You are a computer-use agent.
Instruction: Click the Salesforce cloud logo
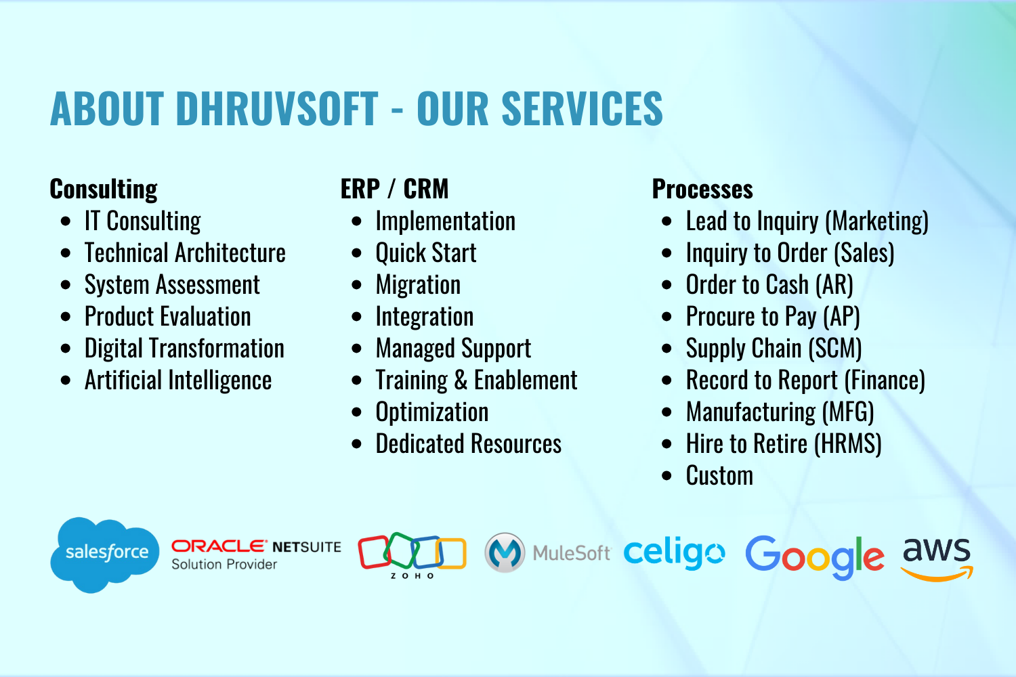click(105, 554)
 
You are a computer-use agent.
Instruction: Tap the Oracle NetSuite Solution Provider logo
click(256, 554)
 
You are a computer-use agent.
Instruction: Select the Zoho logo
click(412, 555)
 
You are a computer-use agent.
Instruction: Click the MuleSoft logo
click(547, 552)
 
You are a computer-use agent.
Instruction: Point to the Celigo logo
click(675, 552)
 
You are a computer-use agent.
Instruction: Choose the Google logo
click(815, 557)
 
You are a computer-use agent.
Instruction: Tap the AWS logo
click(937, 559)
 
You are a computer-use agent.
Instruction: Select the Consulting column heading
click(104, 189)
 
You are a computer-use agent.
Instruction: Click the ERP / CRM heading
click(394, 189)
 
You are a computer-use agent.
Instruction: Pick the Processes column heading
click(702, 189)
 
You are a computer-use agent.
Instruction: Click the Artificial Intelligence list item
click(177, 380)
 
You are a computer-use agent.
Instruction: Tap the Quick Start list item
click(426, 253)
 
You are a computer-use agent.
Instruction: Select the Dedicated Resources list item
click(469, 443)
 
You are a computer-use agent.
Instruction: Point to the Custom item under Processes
click(719, 475)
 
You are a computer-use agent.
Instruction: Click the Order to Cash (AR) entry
click(769, 285)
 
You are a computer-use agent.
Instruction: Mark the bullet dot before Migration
click(356, 285)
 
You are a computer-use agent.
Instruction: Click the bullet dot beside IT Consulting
click(66, 221)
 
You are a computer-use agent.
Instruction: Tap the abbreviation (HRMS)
click(848, 443)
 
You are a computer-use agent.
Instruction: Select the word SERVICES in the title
click(582, 108)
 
